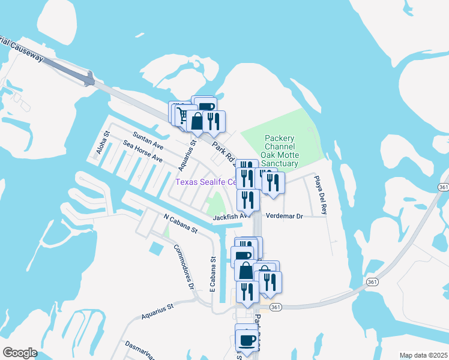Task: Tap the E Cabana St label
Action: [213, 275]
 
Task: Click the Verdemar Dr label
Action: [285, 215]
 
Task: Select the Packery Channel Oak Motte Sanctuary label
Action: [282, 151]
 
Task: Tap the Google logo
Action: [20, 353]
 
